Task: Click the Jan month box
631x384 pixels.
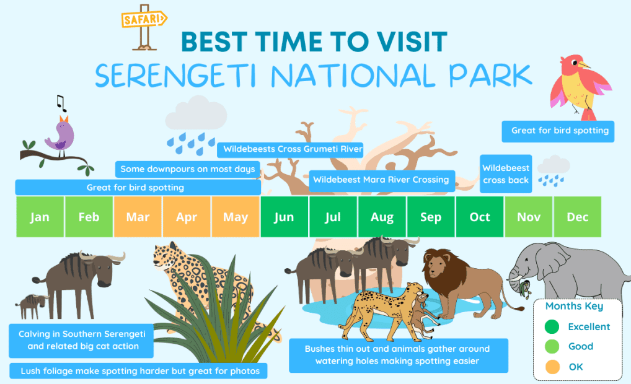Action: [40, 217]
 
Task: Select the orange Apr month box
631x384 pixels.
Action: [187, 217]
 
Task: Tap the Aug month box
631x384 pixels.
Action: [382, 217]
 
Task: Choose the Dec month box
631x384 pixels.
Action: [578, 217]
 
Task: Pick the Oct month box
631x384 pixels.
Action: [480, 217]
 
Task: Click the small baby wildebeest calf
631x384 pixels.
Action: [31, 304]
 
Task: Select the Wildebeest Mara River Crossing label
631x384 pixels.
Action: [381, 180]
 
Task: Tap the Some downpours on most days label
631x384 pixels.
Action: [187, 169]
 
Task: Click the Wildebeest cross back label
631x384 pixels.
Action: [506, 174]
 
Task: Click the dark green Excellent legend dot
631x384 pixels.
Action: [552, 327]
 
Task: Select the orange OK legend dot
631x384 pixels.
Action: [552, 367]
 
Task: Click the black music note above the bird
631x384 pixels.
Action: [60, 102]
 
